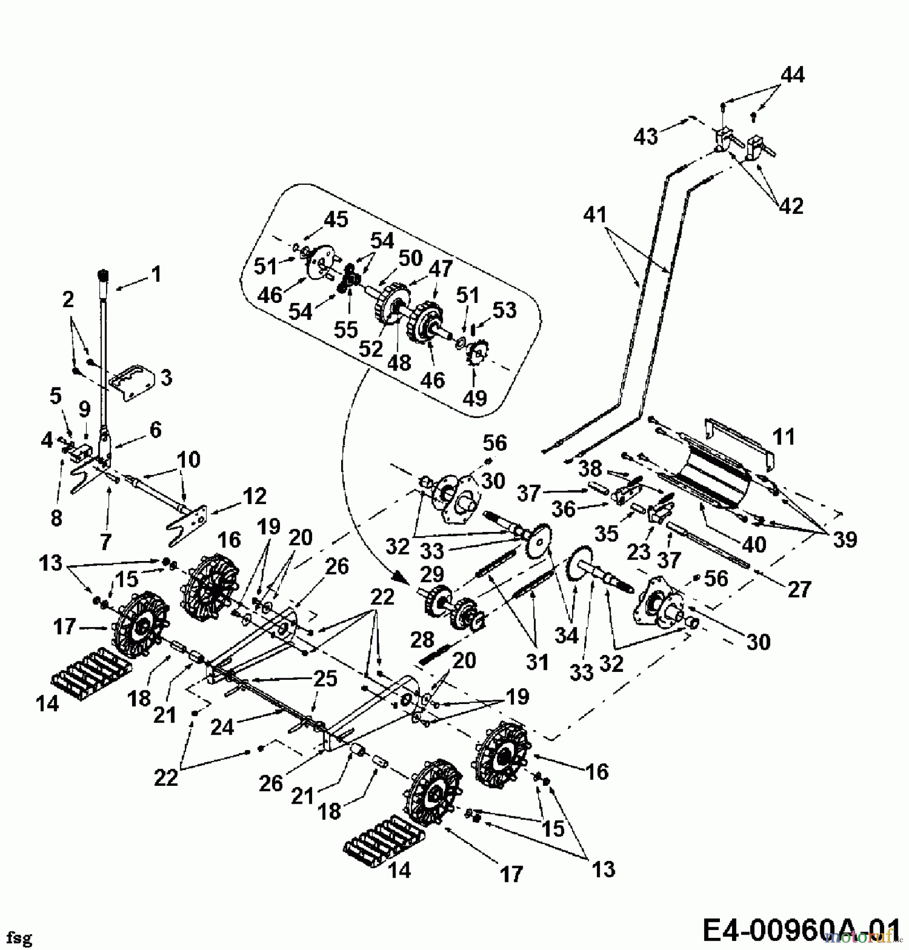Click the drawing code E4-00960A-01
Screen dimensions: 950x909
pos(801,929)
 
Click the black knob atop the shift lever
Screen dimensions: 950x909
pos(104,275)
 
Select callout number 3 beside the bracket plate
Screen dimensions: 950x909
pos(166,378)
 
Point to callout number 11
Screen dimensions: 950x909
pos(783,437)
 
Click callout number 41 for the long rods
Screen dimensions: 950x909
pos(595,215)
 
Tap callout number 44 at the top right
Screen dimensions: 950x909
pos(792,75)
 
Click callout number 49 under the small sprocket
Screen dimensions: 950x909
pos(474,397)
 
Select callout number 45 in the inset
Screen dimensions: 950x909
pos(336,219)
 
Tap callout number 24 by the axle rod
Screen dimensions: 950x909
pos(222,727)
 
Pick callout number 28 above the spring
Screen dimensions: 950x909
pos(422,640)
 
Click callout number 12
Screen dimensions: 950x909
pos(255,497)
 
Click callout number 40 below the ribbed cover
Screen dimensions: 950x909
pos(753,545)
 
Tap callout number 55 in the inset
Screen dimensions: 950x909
pos(346,330)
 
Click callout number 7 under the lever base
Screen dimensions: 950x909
pos(106,541)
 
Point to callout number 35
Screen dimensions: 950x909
pos(606,534)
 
